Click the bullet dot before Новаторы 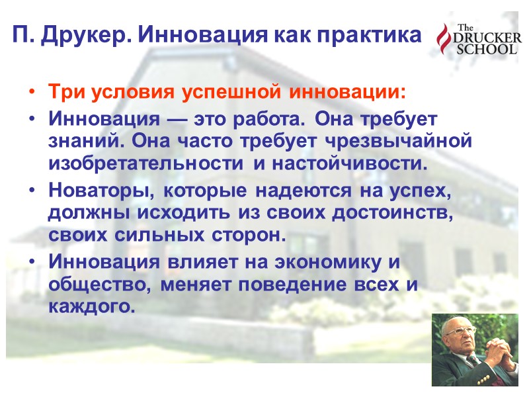tap(32, 193)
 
